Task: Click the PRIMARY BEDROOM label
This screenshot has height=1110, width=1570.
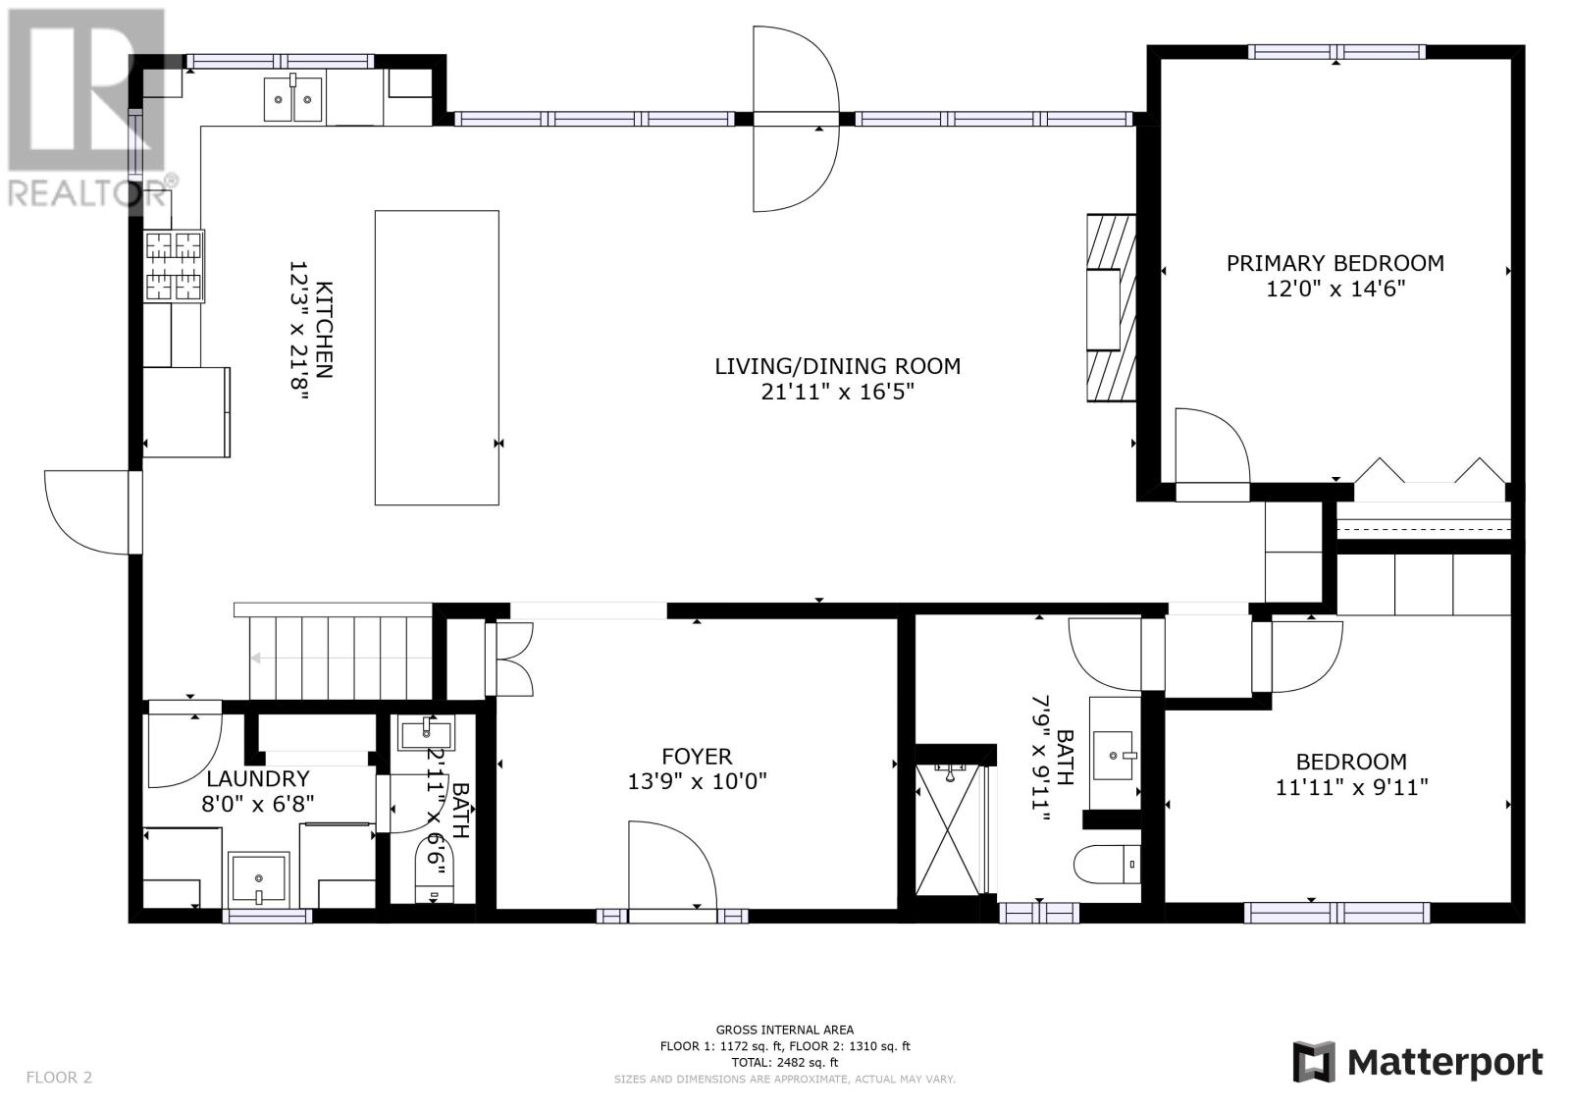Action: [x=1335, y=264]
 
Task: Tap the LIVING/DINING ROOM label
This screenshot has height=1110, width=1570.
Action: [x=838, y=366]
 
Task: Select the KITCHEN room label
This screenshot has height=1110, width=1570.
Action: [x=324, y=330]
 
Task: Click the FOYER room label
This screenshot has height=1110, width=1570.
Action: [x=697, y=756]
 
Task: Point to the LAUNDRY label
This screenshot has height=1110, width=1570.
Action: [x=258, y=778]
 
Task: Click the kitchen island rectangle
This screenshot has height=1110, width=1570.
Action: [x=437, y=357]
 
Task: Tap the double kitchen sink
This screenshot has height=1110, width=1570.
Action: [x=293, y=99]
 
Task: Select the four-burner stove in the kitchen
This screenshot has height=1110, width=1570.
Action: [x=174, y=266]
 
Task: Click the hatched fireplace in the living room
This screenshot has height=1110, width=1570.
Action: [x=1111, y=308]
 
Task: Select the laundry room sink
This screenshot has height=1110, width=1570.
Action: [x=259, y=879]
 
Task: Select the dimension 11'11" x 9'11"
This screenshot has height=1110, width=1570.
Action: [x=1351, y=787]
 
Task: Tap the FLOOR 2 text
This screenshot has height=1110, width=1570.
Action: [x=59, y=1077]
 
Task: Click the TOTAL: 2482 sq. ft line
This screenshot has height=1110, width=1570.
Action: [x=784, y=1062]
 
